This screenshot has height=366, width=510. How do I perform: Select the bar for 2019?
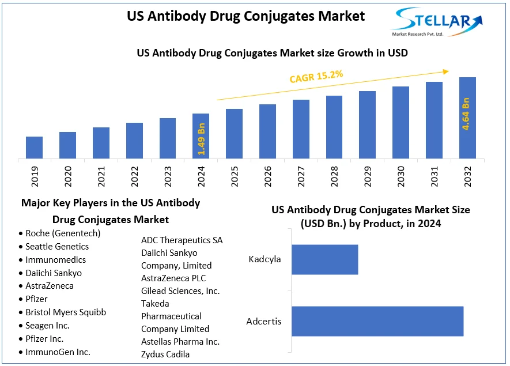tap(34, 147)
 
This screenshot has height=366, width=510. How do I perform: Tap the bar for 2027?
tap(301, 129)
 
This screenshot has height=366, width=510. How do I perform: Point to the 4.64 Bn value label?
tap(466, 114)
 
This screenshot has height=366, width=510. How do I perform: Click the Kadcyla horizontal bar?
tap(324, 259)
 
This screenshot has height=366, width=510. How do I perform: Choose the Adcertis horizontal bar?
tap(377, 321)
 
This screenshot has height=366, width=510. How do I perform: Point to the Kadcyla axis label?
tap(265, 259)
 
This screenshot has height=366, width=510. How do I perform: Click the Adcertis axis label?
tap(263, 321)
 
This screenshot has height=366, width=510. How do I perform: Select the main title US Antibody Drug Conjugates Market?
tap(245, 16)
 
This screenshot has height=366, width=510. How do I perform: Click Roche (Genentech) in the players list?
tap(63, 233)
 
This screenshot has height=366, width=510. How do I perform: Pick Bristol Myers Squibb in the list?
tap(66, 312)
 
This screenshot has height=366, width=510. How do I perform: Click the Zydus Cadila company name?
tap(165, 354)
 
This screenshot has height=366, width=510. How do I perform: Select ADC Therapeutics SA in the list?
tap(182, 240)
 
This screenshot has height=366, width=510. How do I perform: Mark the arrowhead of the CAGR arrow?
tap(446, 71)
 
